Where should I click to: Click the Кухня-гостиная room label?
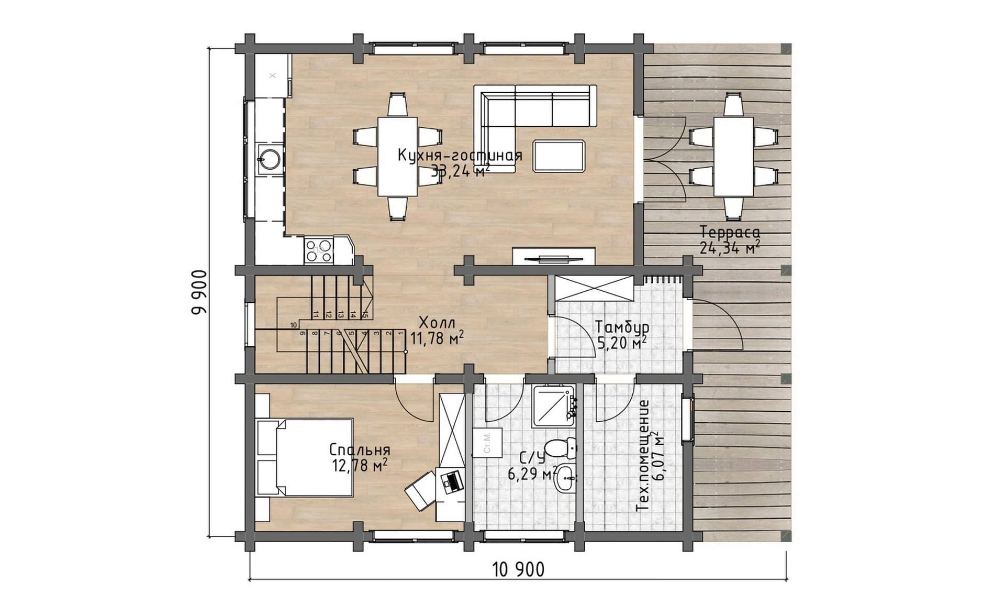[460, 156]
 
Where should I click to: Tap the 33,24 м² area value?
[461, 171]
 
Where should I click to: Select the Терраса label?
[730, 232]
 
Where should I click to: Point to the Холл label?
[437, 322]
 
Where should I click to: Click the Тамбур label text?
[622, 327]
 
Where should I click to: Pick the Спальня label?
[360, 450]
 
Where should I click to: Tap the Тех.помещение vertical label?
[643, 456]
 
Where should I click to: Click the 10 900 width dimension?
[518, 569]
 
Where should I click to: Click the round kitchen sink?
[270, 159]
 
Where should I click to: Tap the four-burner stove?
[318, 250]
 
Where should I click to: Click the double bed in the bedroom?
[305, 457]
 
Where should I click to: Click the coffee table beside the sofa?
[559, 156]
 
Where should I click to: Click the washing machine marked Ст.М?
[487, 442]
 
